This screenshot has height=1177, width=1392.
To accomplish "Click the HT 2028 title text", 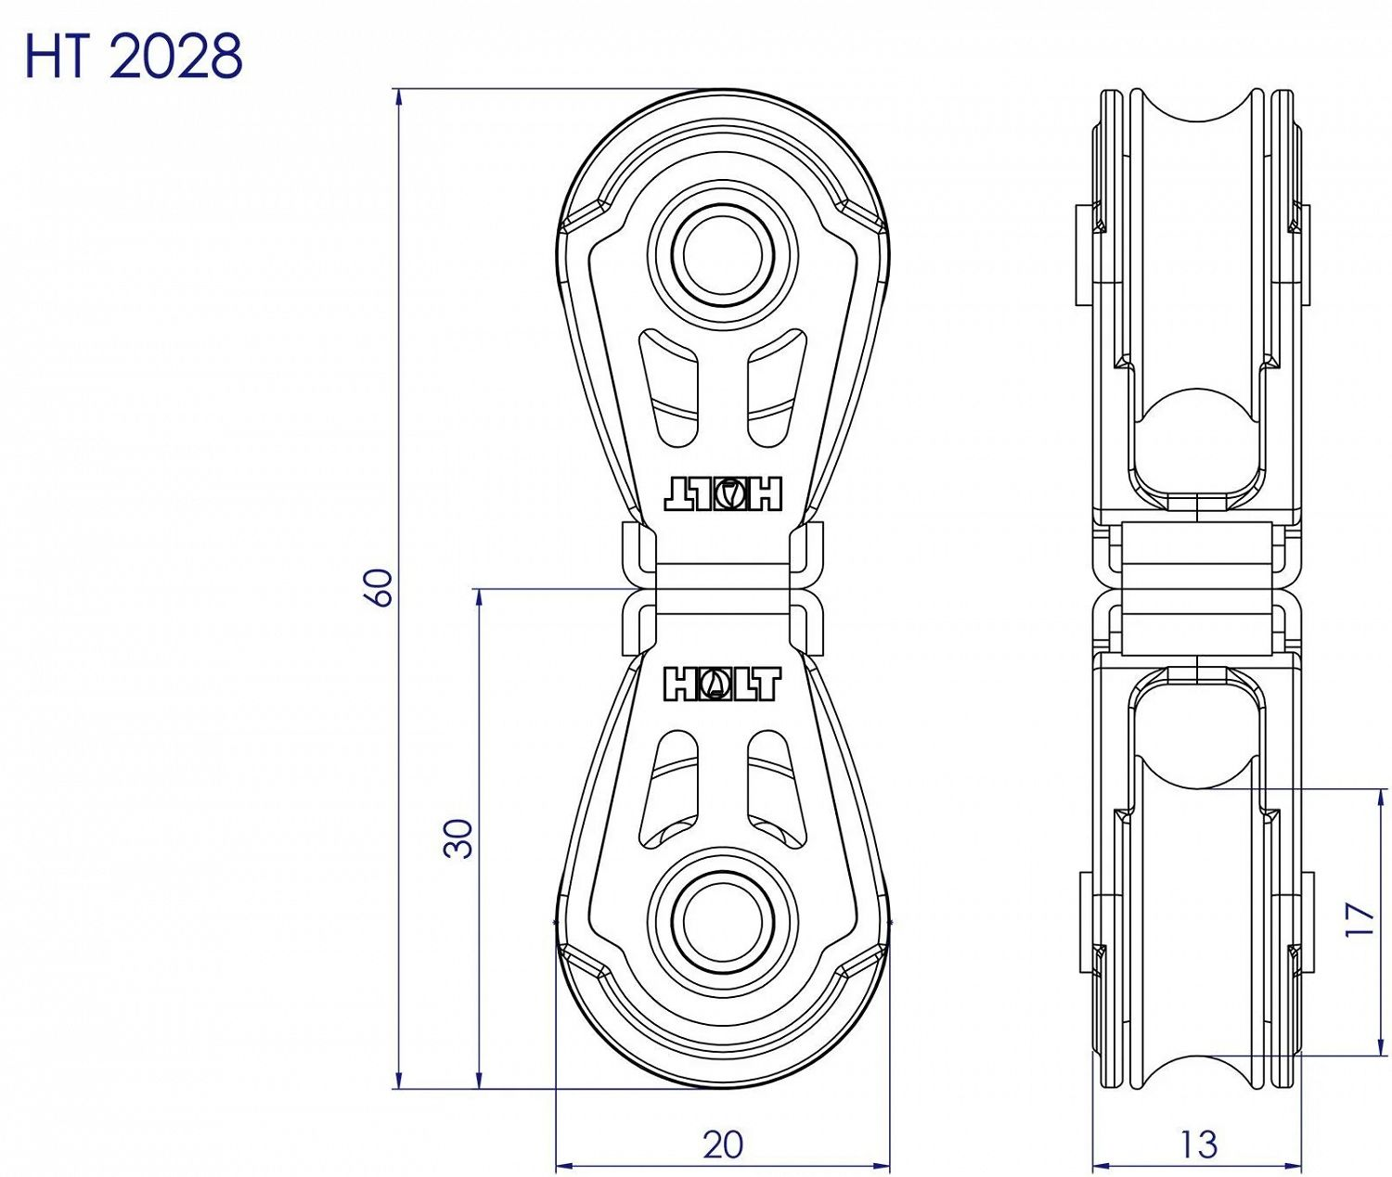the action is coord(133,58).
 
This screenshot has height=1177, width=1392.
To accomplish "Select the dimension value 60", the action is coord(381,587).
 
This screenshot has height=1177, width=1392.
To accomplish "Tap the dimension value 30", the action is coord(459,838).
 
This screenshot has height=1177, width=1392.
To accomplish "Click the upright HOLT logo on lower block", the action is coord(722,684).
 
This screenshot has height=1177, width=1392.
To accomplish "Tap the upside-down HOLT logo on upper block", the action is coord(723,494).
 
